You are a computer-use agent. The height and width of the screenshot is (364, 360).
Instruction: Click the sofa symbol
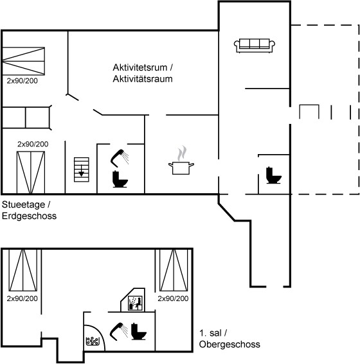click(255, 46)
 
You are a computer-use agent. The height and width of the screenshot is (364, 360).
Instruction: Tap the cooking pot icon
click(181, 168)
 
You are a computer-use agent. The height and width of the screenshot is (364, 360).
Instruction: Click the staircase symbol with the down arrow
click(82, 169)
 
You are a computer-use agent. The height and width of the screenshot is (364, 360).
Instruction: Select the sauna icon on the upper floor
click(135, 303)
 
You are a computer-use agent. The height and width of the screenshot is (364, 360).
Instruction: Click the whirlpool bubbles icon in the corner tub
click(93, 341)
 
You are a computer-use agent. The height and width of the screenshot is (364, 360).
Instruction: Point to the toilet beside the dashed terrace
click(273, 175)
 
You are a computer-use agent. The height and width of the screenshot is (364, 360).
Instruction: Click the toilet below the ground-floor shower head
click(120, 179)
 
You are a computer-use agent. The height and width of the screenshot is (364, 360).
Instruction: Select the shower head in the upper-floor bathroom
click(119, 331)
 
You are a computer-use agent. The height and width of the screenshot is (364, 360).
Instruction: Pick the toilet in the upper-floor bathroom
click(138, 331)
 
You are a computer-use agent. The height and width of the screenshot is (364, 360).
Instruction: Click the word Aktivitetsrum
click(140, 67)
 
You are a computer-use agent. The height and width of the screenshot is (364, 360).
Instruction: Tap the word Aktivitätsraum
click(143, 79)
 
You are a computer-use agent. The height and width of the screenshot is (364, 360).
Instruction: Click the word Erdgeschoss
click(30, 216)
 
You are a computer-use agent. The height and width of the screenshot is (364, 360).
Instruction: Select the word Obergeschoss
click(230, 344)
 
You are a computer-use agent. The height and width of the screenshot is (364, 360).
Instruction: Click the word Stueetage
click(24, 205)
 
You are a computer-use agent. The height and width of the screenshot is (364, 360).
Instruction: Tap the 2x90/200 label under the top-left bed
click(22, 81)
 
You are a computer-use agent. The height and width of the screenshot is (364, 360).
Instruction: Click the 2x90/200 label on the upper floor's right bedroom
click(173, 299)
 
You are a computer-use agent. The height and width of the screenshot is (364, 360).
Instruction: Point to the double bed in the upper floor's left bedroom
click(22, 270)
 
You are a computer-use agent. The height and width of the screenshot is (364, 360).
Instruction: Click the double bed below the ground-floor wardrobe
click(31, 172)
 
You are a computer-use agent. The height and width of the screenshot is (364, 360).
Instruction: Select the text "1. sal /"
click(213, 333)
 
